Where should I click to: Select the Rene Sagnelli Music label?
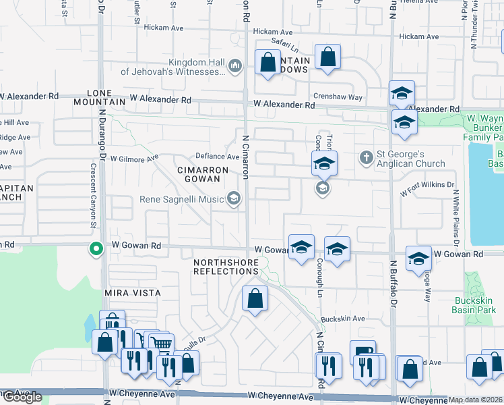click(x=182, y=199)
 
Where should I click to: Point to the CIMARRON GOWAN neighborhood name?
click(x=198, y=173)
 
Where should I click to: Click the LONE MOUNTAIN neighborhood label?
click(x=106, y=97)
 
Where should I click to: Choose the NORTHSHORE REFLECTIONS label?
click(x=226, y=266)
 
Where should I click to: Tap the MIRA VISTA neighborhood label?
click(x=132, y=293)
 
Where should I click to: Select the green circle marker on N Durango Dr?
click(x=96, y=249)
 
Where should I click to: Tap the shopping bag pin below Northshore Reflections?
click(x=255, y=299)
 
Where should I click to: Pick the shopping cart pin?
click(x=160, y=345)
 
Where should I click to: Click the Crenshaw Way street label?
click(x=338, y=98)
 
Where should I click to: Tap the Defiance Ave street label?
click(x=218, y=157)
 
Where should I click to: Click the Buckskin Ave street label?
click(x=342, y=319)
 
